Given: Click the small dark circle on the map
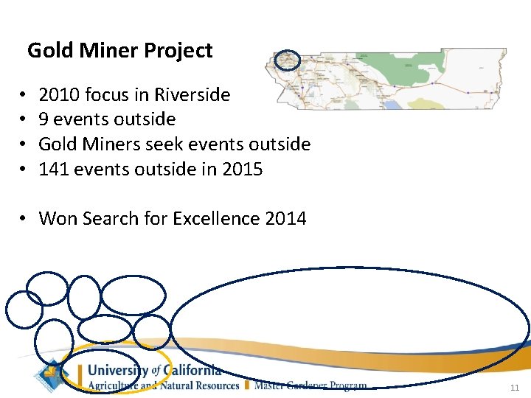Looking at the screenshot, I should click(287, 60).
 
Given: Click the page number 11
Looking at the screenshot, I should click(514, 388).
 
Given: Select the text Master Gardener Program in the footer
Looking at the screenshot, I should click(310, 385).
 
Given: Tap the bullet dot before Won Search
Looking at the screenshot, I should click(24, 219).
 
